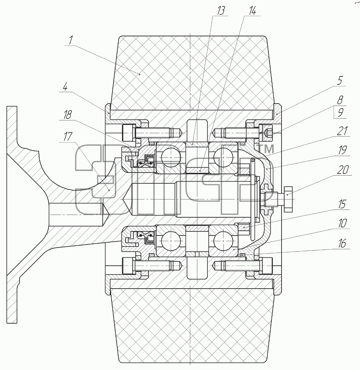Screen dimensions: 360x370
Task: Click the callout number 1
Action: (71, 40)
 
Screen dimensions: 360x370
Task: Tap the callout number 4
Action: (65, 87)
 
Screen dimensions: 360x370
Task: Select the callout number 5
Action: (340, 81)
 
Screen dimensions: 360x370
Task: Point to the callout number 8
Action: (340, 100)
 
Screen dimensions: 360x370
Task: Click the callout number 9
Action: (340, 113)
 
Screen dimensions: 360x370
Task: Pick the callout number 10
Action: (342, 223)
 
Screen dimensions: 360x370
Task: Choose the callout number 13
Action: (221, 11)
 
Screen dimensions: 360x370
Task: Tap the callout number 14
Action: (252, 11)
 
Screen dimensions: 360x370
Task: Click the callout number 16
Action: (342, 243)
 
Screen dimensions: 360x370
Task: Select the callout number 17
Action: (68, 136)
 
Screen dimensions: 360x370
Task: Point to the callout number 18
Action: (67, 115)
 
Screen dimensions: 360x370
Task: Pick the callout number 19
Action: (342, 150)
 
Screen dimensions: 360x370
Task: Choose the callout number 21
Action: (342, 131)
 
